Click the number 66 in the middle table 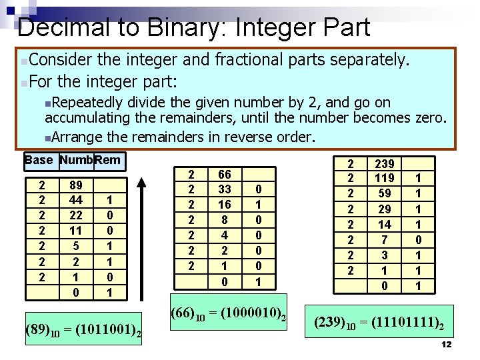point(225,175)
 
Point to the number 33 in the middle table point(225,190)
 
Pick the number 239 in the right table point(385,163)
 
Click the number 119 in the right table point(385,178)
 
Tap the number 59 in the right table point(385,193)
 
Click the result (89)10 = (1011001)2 point(82,329)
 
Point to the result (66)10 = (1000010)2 point(228,314)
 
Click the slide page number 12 point(447,344)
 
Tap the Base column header point(38,160)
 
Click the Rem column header point(108,160)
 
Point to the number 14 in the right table point(385,225)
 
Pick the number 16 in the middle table point(225,205)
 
